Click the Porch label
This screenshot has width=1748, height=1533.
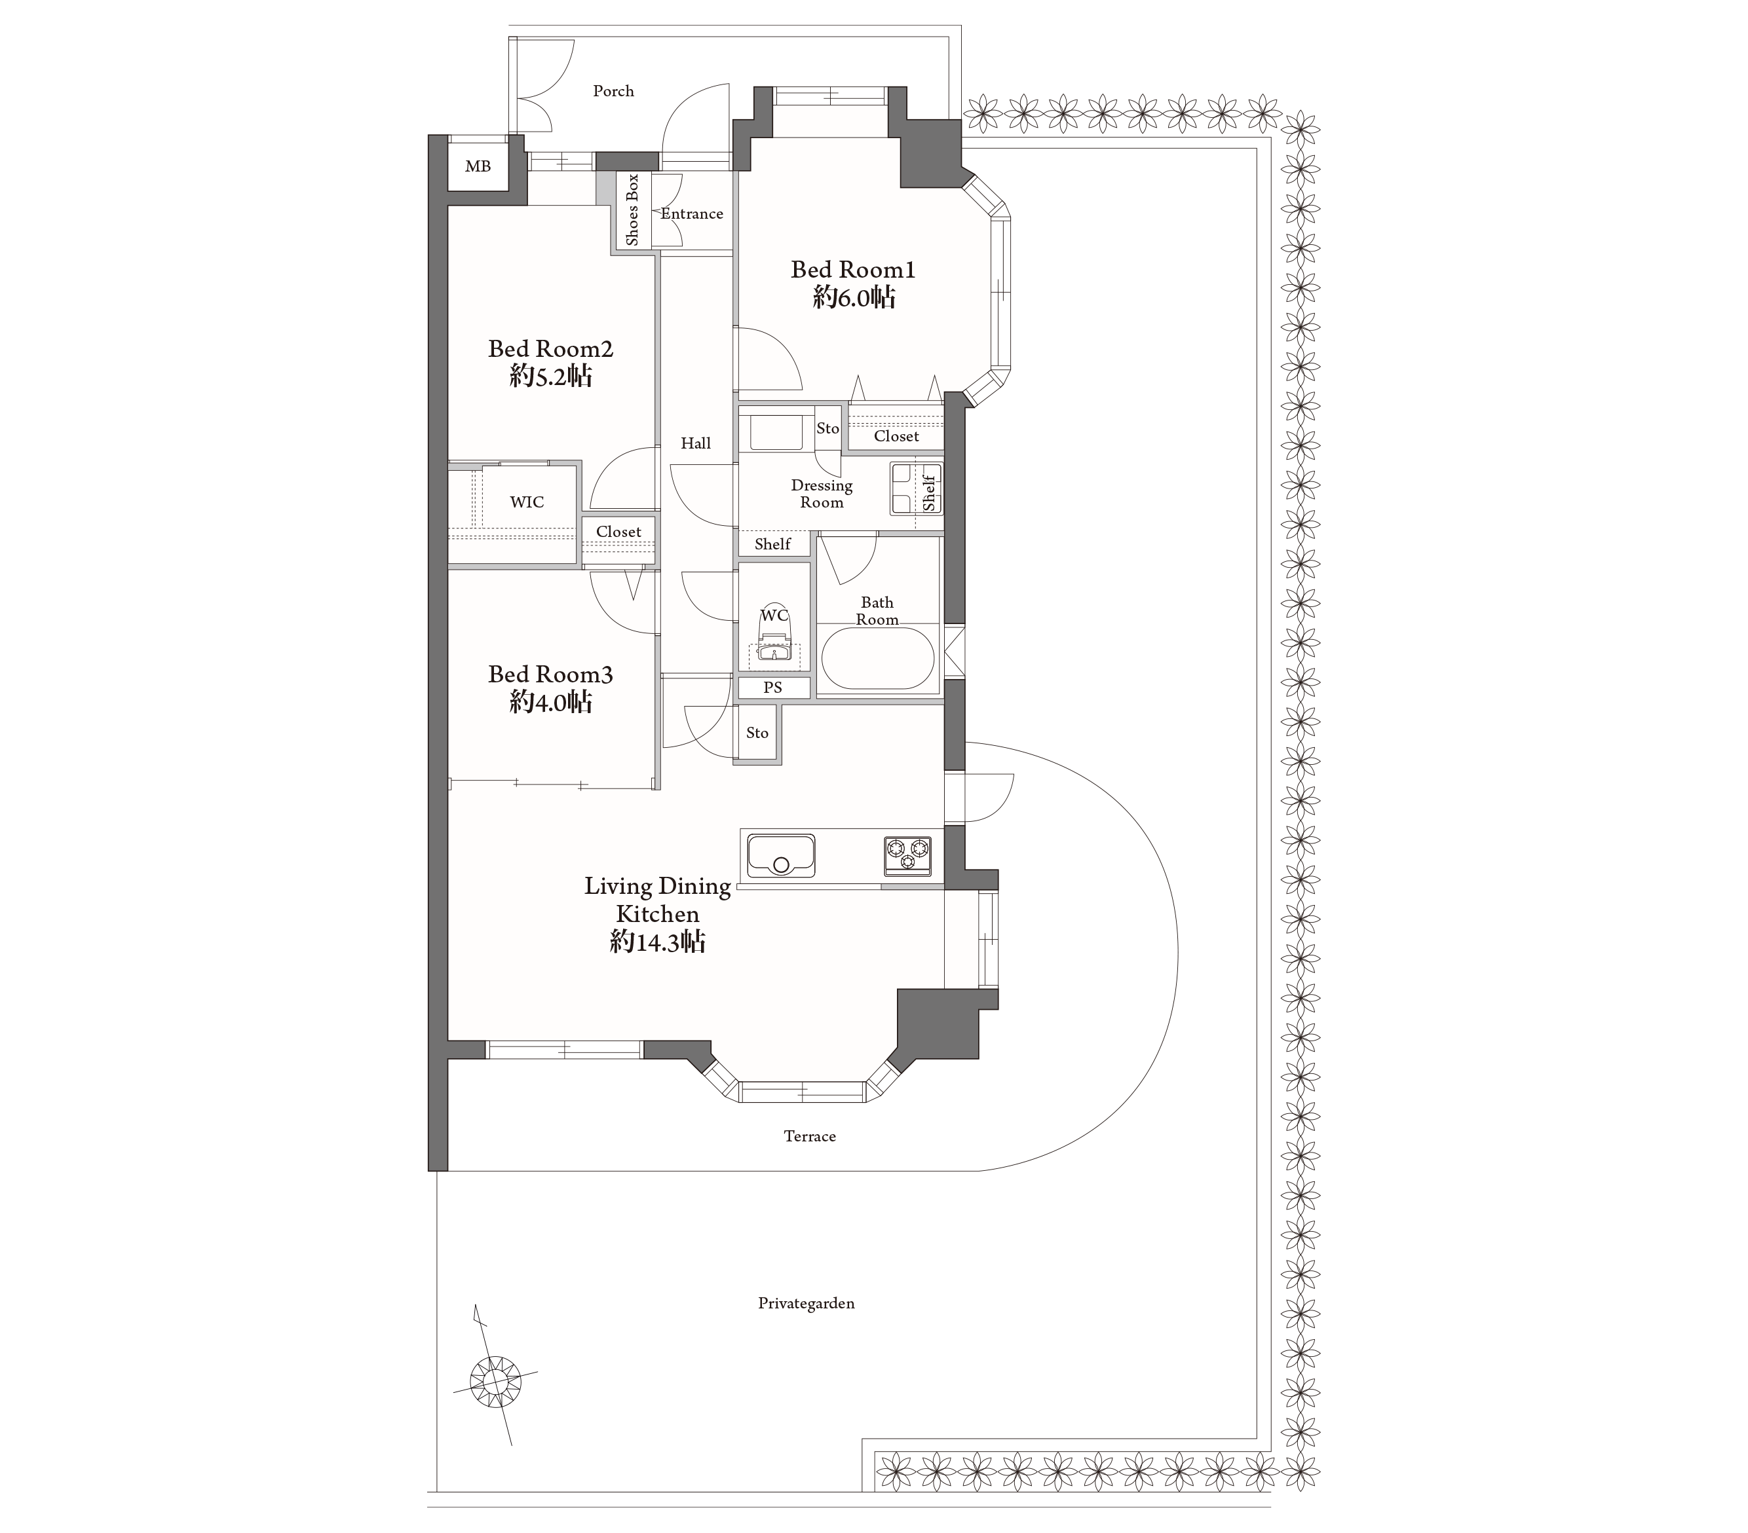[613, 90]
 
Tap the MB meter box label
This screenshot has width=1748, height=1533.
[478, 167]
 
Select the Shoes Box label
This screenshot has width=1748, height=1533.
[633, 210]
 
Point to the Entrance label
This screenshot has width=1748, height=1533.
[692, 213]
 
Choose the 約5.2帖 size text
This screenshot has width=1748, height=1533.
[551, 376]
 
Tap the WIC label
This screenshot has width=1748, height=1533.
[527, 502]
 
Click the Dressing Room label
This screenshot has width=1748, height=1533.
[822, 493]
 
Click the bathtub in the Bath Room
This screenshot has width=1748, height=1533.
[877, 658]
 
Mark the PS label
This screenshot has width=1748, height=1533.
[773, 688]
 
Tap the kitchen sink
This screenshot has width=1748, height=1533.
[782, 856]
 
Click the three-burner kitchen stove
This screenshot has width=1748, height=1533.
[908, 856]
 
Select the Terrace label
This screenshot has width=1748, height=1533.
[810, 1136]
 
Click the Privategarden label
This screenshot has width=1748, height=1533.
[807, 1303]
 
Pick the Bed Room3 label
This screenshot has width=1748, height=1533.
[551, 674]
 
